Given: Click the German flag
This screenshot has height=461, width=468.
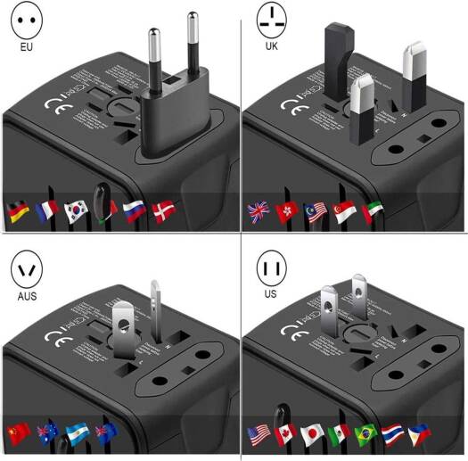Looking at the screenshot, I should pyautogui.click(x=17, y=211).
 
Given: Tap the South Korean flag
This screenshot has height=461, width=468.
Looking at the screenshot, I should pyautogui.click(x=75, y=211).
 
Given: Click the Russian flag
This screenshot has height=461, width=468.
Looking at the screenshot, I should pyautogui.click(x=134, y=211).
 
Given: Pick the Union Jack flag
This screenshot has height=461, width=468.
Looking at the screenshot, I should pyautogui.click(x=259, y=212).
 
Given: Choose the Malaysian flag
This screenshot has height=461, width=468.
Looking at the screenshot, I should pyautogui.click(x=316, y=212).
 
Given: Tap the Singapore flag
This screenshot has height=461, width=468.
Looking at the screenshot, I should pyautogui.click(x=345, y=212).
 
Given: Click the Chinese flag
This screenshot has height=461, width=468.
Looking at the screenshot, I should pyautogui.click(x=17, y=433).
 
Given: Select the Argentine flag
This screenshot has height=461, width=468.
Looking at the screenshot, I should pyautogui.click(x=75, y=433).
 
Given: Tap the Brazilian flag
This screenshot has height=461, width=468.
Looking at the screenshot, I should pyautogui.click(x=365, y=435).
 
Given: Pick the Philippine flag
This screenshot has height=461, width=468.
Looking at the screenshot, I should pyautogui.click(x=419, y=435).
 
